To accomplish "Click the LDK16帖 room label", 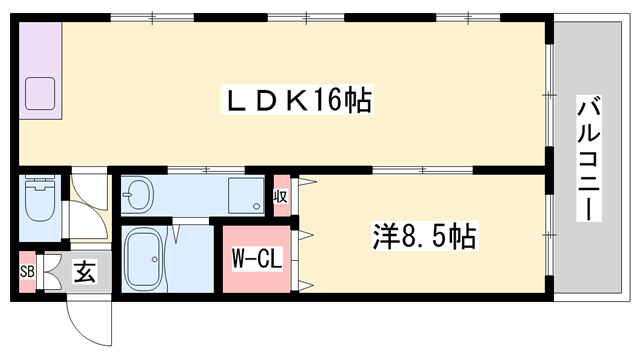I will click(x=297, y=100).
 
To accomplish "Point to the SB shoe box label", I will click(x=27, y=271).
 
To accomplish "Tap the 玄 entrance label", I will click(x=85, y=271).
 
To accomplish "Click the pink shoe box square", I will click(x=27, y=271).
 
